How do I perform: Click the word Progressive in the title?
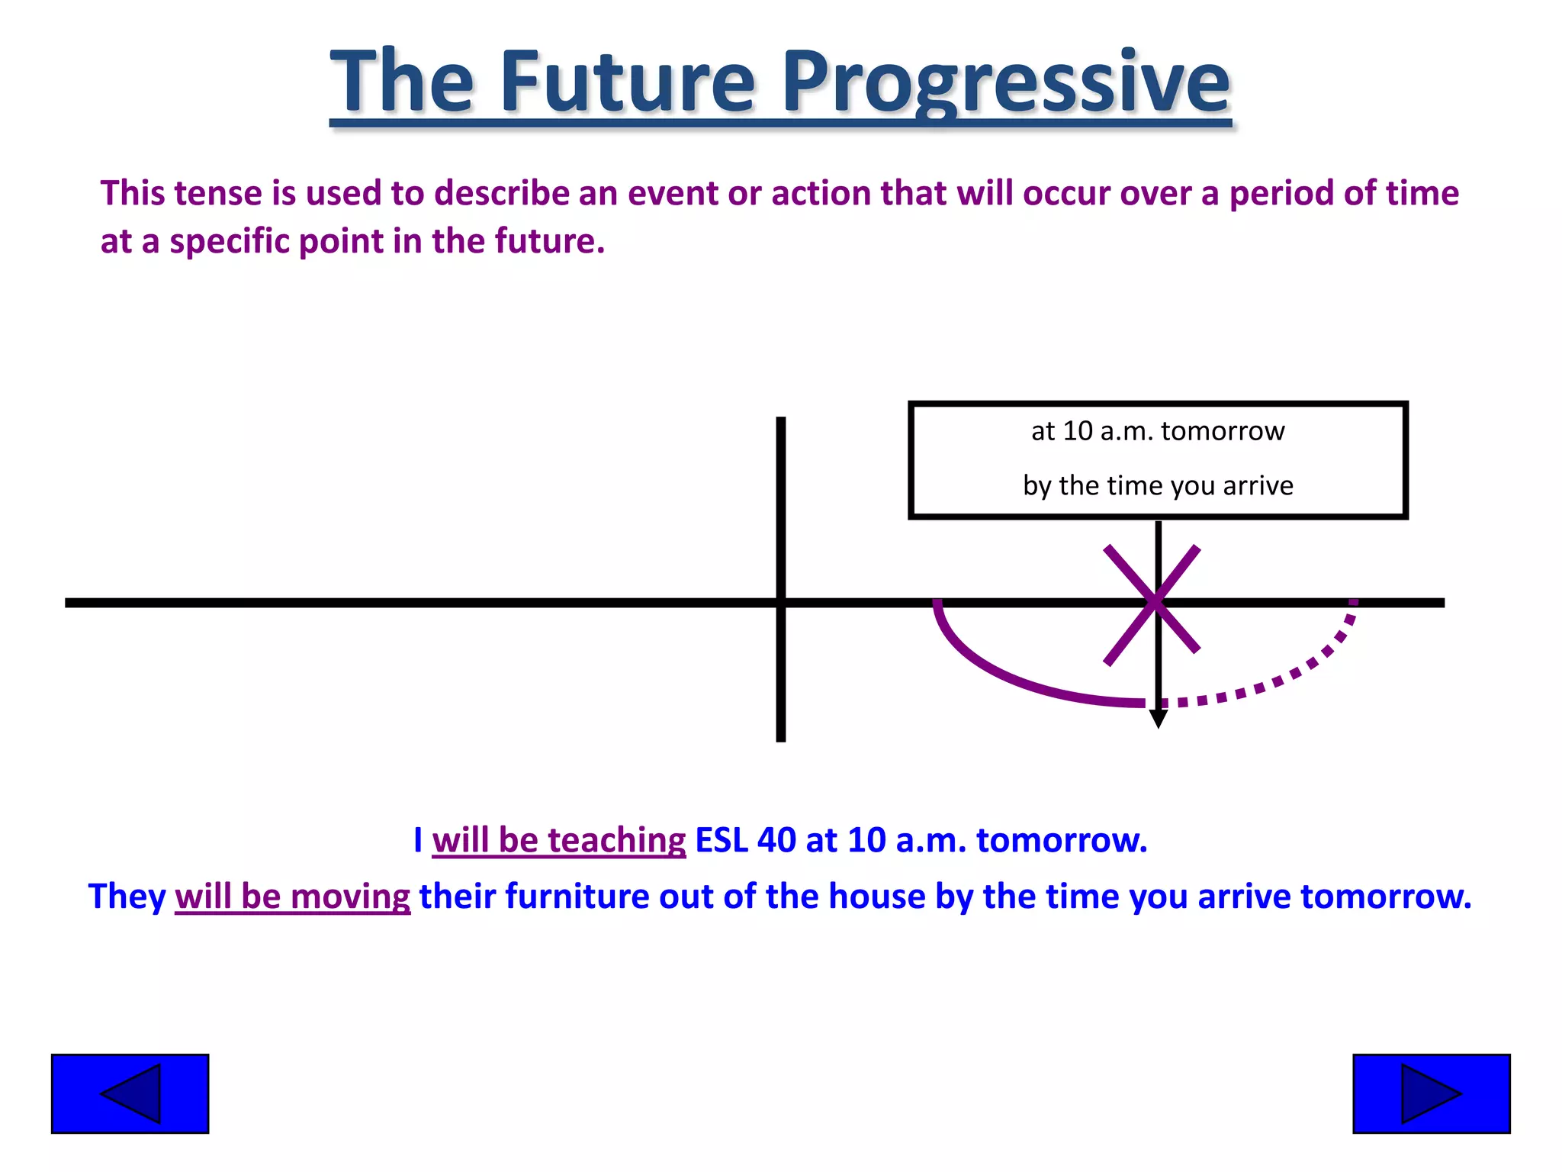pyautogui.click(x=1005, y=82)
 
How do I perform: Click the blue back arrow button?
pyautogui.click(x=130, y=1093)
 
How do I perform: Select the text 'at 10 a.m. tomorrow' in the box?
pyautogui.click(x=1157, y=432)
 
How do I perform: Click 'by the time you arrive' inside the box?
pyautogui.click(x=1157, y=486)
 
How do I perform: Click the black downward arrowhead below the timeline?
pyautogui.click(x=1158, y=719)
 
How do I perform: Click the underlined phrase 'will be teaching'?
pyautogui.click(x=558, y=840)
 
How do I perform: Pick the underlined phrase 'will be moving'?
pyautogui.click(x=292, y=897)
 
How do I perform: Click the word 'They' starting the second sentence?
pyautogui.click(x=127, y=897)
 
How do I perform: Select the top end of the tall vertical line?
pyautogui.click(x=780, y=421)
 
